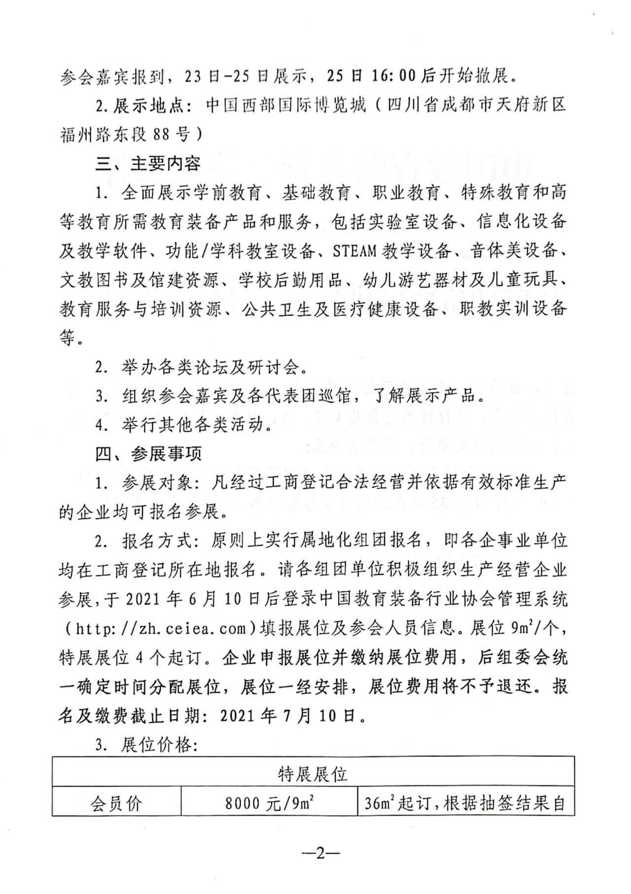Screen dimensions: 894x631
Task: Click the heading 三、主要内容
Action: (148, 163)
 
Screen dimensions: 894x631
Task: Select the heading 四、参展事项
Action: (148, 454)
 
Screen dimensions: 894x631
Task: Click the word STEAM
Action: (355, 250)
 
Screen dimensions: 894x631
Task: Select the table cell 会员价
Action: (116, 804)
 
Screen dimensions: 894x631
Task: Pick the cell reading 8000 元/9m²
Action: (269, 804)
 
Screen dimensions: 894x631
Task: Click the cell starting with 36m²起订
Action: (464, 804)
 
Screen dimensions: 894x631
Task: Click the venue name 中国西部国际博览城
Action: (286, 105)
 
